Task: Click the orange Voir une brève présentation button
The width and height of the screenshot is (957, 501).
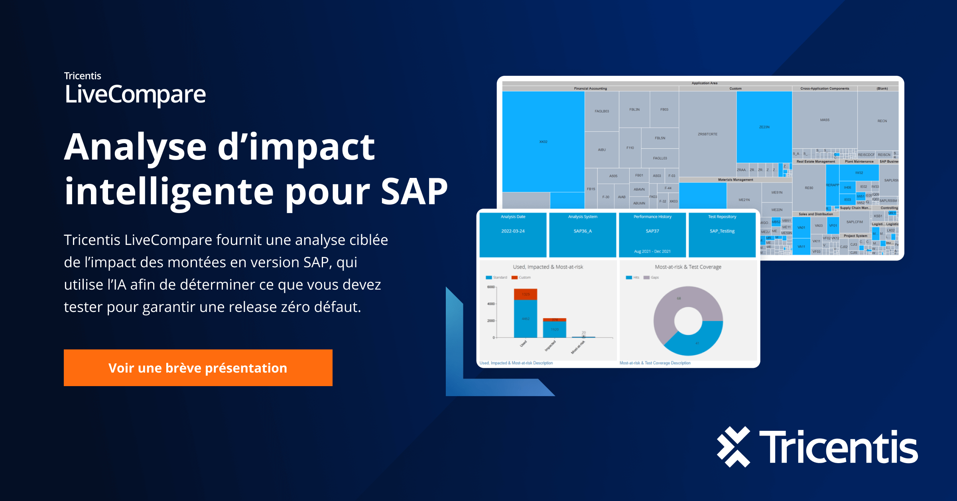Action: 198,368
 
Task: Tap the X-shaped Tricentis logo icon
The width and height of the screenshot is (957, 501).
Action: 733,447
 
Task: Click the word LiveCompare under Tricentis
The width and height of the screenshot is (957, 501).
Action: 135,95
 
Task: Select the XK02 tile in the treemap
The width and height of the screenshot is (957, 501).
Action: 543,142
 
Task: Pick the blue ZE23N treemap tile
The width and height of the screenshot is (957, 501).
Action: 764,127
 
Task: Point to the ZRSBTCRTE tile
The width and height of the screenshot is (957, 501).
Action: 707,134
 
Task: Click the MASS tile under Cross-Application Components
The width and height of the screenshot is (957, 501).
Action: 825,120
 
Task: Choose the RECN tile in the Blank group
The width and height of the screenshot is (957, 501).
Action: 882,120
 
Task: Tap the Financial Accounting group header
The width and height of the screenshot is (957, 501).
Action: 590,89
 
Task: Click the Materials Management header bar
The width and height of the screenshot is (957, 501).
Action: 735,180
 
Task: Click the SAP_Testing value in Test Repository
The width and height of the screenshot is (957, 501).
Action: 722,231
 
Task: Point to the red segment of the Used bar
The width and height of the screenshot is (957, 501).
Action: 526,294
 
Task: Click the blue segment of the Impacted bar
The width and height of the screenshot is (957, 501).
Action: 554,329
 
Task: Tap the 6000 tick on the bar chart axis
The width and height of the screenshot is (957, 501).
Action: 491,287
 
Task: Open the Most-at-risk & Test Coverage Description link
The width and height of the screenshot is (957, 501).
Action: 655,363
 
